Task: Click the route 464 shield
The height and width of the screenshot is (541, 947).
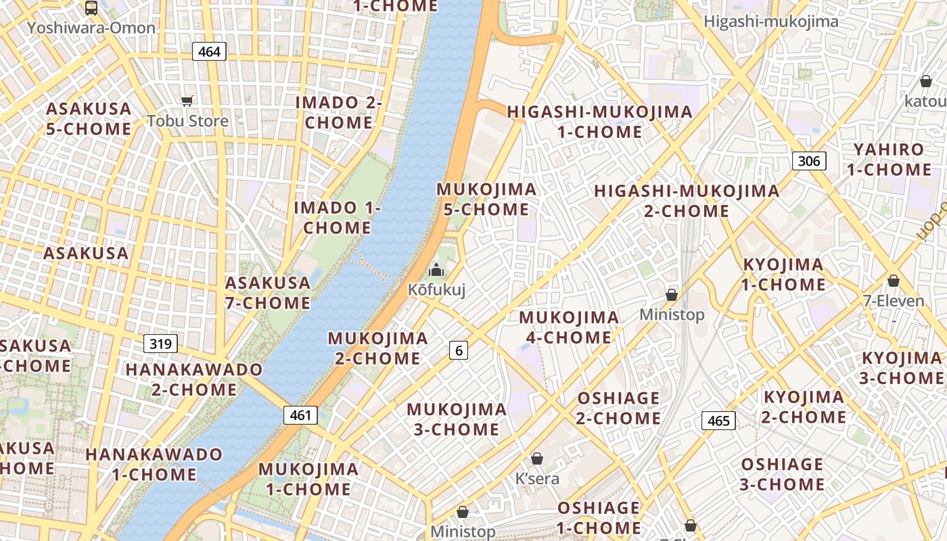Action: (x=209, y=51)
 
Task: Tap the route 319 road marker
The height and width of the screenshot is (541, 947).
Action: (x=160, y=344)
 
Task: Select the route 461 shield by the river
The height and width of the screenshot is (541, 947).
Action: (x=300, y=415)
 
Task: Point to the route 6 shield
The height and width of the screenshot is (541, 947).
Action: (x=459, y=350)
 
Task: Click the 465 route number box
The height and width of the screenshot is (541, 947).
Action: (x=718, y=421)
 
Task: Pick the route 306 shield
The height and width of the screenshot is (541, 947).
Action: (x=809, y=160)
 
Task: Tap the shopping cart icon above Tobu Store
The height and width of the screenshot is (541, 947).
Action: (x=187, y=101)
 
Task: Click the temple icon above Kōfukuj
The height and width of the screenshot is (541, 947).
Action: (x=436, y=270)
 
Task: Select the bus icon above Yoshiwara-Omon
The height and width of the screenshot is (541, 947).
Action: (x=91, y=8)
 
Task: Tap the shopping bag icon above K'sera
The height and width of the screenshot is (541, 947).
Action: (x=537, y=458)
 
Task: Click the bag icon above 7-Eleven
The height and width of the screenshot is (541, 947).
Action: (x=894, y=280)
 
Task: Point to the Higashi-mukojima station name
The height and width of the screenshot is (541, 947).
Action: (x=770, y=21)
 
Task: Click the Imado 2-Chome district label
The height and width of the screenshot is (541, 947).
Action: (x=338, y=112)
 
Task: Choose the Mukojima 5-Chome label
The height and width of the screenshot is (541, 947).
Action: (x=486, y=199)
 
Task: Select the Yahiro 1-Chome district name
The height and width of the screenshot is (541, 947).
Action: (x=889, y=160)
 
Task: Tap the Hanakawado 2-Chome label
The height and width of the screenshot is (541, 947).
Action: (x=194, y=379)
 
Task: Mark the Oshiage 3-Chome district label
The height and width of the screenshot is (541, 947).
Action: (x=783, y=474)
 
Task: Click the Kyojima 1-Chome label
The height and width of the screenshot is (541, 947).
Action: (x=783, y=275)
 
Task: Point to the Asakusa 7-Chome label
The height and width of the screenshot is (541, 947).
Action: (x=268, y=293)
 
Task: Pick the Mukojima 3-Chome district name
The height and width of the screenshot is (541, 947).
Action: (x=456, y=419)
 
